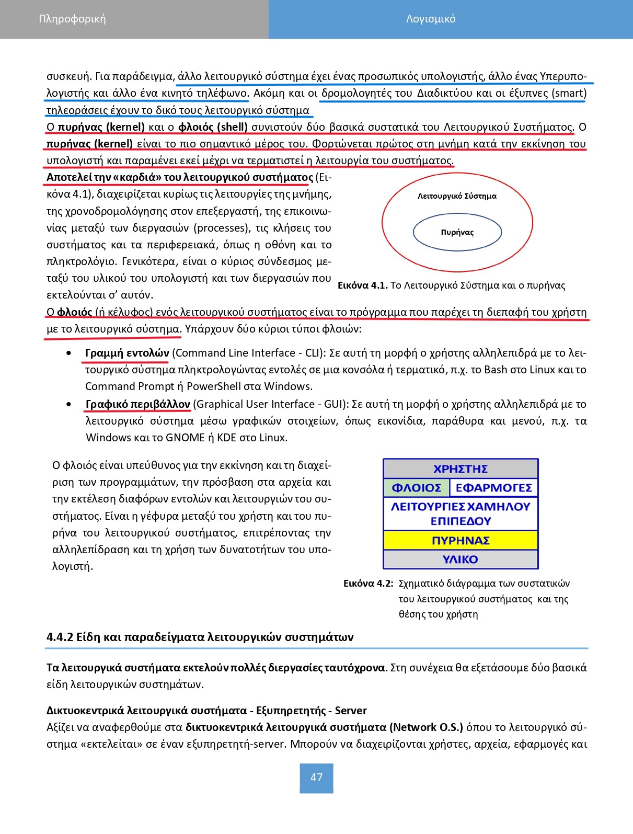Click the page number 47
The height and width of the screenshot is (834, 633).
point(316,778)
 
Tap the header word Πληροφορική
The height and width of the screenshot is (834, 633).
point(72,19)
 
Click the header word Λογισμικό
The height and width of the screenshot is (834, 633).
point(431,19)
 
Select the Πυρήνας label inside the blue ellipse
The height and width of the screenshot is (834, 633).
point(457,233)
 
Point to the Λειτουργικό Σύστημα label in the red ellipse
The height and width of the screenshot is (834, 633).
point(457,197)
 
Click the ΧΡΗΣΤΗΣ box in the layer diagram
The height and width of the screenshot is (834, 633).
point(460,469)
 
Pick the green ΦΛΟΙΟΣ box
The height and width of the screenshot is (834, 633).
point(416,488)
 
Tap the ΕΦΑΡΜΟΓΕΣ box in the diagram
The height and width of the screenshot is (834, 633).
point(493,488)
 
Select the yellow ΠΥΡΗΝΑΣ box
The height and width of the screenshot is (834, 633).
point(460,541)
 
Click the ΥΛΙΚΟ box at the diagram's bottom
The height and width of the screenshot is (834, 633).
point(460,559)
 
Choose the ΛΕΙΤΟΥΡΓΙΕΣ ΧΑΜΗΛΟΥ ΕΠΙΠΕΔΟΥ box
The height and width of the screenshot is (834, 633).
point(460,514)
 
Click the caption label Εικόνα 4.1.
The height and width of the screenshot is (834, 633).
point(362,285)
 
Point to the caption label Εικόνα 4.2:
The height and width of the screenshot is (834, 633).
point(368,584)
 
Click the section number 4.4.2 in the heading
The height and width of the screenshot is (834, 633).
point(60,637)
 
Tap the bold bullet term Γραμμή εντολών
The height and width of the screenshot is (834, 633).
point(127,353)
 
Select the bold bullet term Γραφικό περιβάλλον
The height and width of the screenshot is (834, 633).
point(137,405)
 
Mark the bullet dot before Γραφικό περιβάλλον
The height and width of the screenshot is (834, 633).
point(70,405)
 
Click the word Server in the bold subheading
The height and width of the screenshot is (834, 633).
point(351,711)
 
